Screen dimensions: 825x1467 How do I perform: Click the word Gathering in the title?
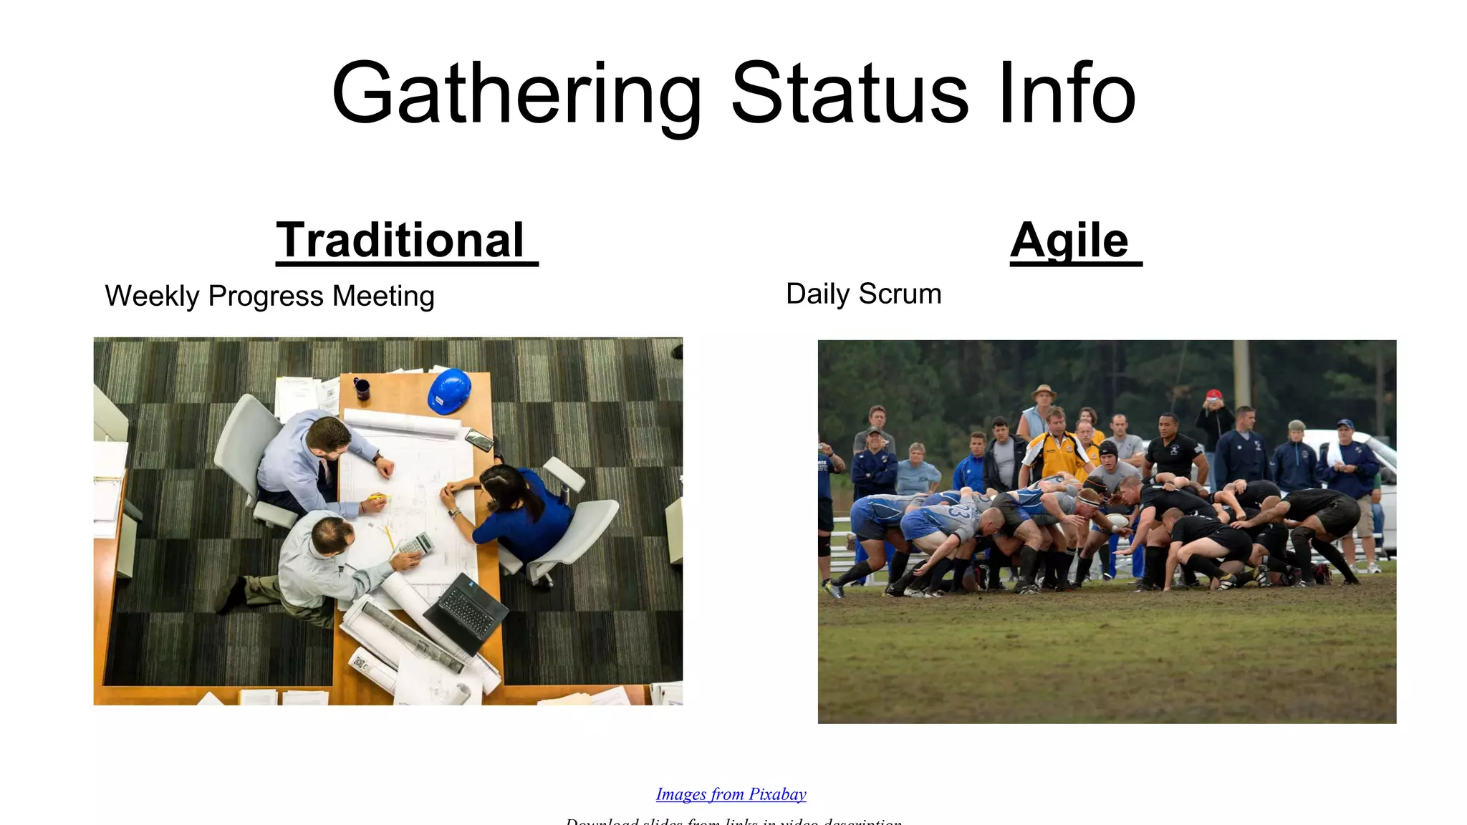pos(516,95)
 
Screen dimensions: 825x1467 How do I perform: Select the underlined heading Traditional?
pos(401,241)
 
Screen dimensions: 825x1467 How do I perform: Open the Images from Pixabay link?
pos(731,794)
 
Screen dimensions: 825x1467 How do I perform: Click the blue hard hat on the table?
pos(449,390)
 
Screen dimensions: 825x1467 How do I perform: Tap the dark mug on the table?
pos(362,388)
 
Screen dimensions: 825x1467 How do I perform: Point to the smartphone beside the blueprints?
pos(478,439)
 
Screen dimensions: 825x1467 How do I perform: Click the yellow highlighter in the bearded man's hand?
pos(378,496)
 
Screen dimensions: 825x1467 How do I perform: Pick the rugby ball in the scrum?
pos(1115,521)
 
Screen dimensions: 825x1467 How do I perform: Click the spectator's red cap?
pos(1213,395)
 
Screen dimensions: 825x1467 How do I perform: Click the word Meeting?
pos(383,296)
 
